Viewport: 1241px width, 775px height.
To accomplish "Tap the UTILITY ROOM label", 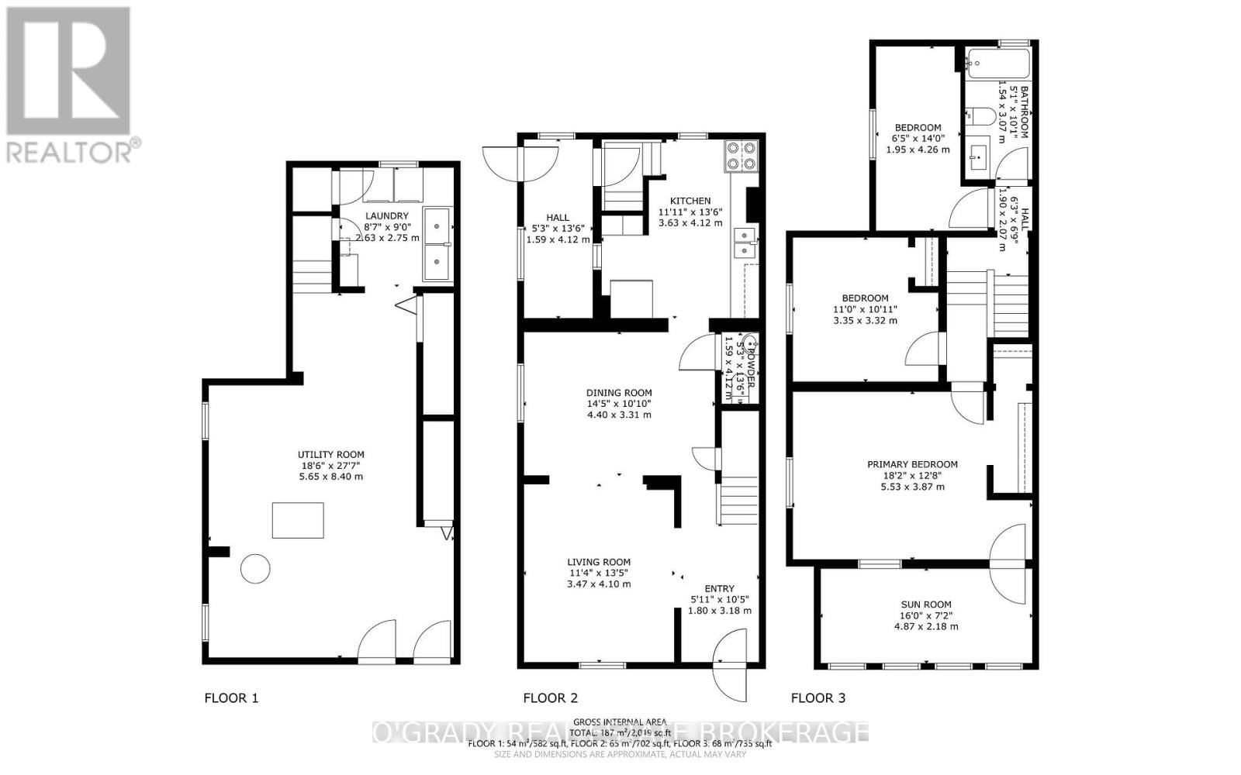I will (331, 455).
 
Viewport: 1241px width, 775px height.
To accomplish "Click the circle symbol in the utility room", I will (255, 569).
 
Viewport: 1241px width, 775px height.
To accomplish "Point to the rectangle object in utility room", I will (298, 520).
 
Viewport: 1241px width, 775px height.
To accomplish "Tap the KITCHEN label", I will (690, 201).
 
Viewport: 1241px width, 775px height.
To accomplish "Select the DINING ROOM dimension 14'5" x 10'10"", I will (619, 404).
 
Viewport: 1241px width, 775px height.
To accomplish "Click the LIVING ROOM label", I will (599, 562).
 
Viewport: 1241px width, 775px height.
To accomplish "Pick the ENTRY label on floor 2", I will (719, 588).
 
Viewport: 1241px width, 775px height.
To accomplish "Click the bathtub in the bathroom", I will (998, 63).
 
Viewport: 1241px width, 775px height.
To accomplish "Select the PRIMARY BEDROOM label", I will (912, 464).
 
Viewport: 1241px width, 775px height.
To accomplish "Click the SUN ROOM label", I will (926, 604).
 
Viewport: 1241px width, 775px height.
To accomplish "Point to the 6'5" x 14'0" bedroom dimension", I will (918, 139).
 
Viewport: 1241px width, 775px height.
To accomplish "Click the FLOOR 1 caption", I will (231, 698).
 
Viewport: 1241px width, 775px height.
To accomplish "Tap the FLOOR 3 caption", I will (818, 698).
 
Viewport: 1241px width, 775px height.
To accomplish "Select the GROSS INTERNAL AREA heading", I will (619, 722).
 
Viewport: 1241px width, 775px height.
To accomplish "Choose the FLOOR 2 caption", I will (550, 698).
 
